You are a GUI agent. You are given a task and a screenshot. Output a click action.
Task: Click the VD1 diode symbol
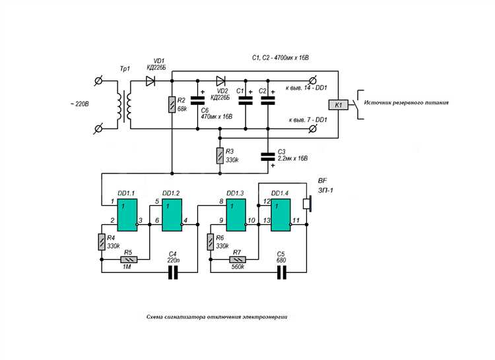(150, 81)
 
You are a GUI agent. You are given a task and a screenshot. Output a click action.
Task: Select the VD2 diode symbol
(220, 81)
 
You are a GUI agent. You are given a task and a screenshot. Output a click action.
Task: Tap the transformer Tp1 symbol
(124, 105)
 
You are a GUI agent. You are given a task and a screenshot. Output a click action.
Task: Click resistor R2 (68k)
(172, 105)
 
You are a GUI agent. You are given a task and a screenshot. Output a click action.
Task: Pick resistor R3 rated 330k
(220, 156)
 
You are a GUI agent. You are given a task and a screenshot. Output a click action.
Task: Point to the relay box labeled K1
(338, 105)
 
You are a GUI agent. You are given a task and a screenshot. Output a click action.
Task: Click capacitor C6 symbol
(197, 101)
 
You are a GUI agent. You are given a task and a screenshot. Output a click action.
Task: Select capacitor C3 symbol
(268, 157)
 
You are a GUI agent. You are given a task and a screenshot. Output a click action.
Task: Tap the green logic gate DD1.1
(127, 215)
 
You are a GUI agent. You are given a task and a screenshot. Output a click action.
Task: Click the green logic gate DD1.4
(280, 215)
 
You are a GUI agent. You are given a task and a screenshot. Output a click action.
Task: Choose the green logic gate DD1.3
(236, 215)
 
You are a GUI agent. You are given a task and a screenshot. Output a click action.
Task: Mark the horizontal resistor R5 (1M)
(129, 259)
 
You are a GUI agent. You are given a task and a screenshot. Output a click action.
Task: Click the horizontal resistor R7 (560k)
(238, 259)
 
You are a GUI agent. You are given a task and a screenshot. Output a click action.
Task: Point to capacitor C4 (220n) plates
(173, 272)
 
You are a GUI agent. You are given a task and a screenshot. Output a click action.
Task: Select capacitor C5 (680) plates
(282, 272)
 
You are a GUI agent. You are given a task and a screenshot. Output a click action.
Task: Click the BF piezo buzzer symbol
(308, 204)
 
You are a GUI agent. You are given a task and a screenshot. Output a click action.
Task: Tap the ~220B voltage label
(79, 104)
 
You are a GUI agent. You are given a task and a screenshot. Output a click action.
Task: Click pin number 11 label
(296, 220)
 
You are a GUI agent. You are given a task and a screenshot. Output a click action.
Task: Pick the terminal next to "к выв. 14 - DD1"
(313, 80)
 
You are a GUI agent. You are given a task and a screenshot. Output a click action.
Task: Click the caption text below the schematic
(217, 316)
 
